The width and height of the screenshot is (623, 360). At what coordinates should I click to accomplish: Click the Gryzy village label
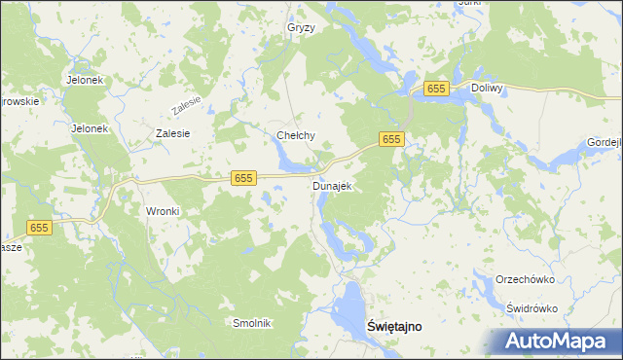coord(301,28)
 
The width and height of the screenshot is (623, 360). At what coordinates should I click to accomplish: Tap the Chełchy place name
coord(296,136)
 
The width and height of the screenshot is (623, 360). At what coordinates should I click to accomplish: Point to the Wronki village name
coord(164,211)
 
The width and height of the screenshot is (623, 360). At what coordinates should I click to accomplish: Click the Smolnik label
coord(251,323)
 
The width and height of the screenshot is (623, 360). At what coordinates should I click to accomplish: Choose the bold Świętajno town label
coord(394,327)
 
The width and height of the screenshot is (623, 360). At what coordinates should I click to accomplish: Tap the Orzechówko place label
coord(525,278)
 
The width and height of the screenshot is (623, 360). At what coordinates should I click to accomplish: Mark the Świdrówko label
coord(531,307)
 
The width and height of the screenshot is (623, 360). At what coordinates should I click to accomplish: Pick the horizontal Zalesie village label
coord(172,133)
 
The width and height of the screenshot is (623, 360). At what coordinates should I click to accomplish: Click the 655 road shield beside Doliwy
coord(435,89)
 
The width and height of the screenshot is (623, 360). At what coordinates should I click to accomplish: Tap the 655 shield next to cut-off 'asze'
coord(39,228)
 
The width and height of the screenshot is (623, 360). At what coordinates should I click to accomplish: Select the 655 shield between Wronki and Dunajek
coord(243,178)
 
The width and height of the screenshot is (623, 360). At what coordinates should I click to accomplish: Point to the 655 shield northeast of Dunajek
coord(391,140)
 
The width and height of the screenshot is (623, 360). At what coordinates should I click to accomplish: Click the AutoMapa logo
coord(558,341)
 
